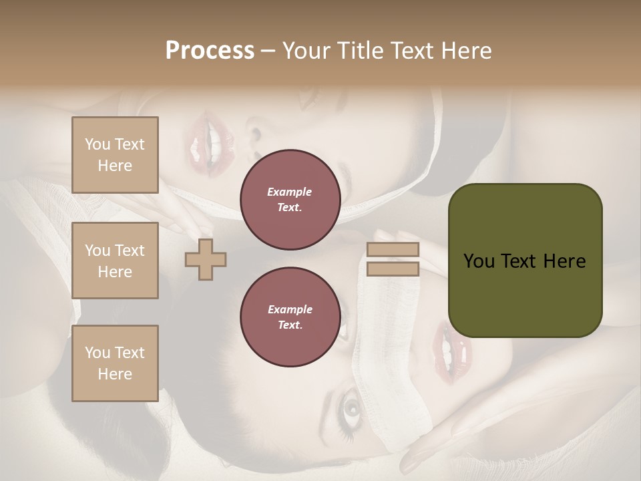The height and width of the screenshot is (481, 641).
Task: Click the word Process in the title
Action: (x=210, y=51)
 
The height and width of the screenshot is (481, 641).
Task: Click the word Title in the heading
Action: (x=361, y=51)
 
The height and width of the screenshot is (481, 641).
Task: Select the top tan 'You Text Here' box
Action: (x=115, y=155)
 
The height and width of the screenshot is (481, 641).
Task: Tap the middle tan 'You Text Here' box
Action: (x=115, y=261)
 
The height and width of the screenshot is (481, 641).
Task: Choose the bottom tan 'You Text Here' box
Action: (x=115, y=363)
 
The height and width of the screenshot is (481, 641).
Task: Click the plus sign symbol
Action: (x=206, y=259)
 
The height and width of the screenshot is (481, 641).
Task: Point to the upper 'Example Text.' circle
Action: (x=290, y=200)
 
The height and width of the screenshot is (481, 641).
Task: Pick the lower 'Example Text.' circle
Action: (x=290, y=317)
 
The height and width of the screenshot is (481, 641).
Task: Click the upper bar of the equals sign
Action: (x=393, y=250)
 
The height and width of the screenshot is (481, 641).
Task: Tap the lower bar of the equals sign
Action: (x=393, y=269)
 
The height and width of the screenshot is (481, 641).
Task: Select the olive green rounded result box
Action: (x=525, y=261)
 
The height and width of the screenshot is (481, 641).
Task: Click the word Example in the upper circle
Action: (x=290, y=192)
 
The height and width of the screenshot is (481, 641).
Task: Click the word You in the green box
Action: (x=478, y=261)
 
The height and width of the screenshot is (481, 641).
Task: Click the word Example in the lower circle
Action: (x=290, y=309)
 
